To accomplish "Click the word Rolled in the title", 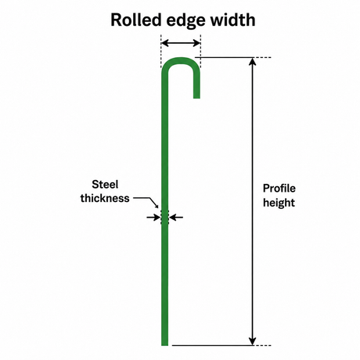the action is pos(136,20).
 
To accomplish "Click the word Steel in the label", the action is pos(105,185).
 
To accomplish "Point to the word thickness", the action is pos(105,198).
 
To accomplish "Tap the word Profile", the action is pos(279,188).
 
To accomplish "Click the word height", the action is pos(279,203).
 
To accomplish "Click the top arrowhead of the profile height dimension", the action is pos(252,61).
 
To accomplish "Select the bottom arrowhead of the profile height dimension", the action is pos(252,341).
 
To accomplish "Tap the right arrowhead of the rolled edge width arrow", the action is pos(196,43).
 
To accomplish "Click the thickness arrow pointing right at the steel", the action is pos(153,217).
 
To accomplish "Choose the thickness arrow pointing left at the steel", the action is pos(176,217).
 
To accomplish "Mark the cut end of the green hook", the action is pos(196,98).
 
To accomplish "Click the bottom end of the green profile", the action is pos(164,344).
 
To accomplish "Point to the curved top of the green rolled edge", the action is pos(181,61).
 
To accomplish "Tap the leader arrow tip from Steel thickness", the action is pos(157,207).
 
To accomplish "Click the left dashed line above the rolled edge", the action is pos(161,51).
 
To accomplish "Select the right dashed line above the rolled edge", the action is pos(200,51).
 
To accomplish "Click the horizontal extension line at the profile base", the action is pos(221,345).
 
